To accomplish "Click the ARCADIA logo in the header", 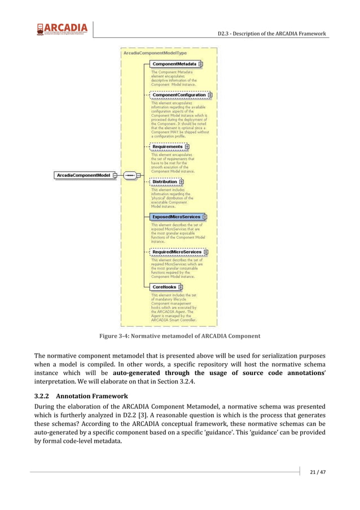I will [x=62, y=29].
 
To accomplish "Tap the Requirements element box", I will [x=168, y=147].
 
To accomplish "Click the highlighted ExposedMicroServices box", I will [x=175, y=216].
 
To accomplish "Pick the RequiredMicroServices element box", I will [x=176, y=252].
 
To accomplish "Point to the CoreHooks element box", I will [x=164, y=287].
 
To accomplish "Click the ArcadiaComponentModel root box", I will [x=83, y=176].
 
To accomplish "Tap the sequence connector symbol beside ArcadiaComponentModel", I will [x=130, y=176].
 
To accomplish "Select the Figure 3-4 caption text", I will [x=179, y=336].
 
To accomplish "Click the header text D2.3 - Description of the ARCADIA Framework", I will [x=271, y=34].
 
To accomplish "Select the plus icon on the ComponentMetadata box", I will [x=200, y=64].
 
